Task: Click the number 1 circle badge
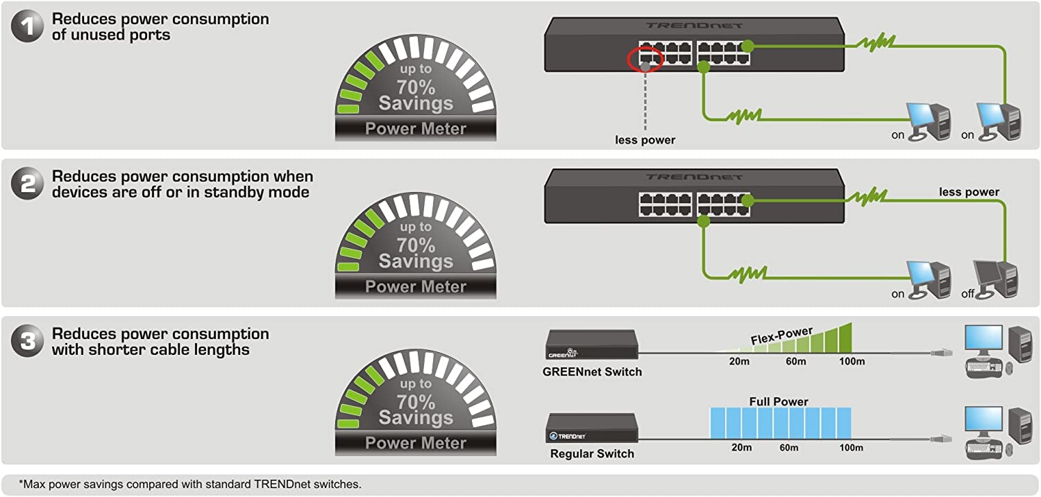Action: (x=27, y=27)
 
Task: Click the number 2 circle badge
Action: (x=27, y=184)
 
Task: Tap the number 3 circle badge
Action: (x=27, y=342)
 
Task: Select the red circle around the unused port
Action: (x=645, y=60)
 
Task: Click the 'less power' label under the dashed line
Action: (x=645, y=140)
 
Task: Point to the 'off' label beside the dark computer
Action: (x=967, y=294)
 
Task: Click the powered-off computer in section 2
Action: (x=996, y=278)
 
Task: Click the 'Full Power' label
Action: (x=779, y=401)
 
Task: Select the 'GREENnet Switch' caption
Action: (x=592, y=372)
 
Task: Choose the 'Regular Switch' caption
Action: (x=592, y=454)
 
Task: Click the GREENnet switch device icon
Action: (x=591, y=345)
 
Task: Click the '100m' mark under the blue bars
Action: (x=851, y=448)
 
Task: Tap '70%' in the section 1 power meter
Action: (x=416, y=87)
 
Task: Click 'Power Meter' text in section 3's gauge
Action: (x=416, y=443)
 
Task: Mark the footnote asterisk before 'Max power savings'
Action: (x=22, y=484)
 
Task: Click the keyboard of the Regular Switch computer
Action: (x=983, y=448)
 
